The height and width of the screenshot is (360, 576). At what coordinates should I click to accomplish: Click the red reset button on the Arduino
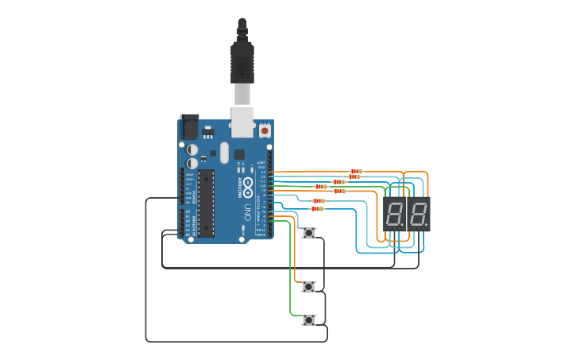point(264,130)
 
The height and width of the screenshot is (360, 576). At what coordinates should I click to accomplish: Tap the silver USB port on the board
point(242,121)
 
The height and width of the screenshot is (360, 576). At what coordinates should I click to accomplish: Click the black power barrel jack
point(189,126)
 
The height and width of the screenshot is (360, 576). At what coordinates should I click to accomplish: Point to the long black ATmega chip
point(206,203)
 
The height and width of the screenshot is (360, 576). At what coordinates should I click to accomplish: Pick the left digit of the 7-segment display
point(396,214)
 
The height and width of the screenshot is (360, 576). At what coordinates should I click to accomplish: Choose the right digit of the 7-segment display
point(418,214)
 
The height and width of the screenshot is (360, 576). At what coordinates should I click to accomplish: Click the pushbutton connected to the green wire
point(308,320)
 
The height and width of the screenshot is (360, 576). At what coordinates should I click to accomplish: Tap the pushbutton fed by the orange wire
point(308,286)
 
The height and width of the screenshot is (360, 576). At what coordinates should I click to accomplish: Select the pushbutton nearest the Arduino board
point(308,233)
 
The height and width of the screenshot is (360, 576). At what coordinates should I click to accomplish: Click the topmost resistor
point(356,171)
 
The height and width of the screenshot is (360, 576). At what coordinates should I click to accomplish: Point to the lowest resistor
point(317,209)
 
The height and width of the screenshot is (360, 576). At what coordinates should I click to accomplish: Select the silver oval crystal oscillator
point(224,153)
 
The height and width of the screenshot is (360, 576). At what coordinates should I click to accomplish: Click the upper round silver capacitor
point(192,149)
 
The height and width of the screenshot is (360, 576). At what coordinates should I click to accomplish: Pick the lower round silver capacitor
point(192,163)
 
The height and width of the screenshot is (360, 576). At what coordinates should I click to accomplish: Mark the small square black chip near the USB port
point(239,154)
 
